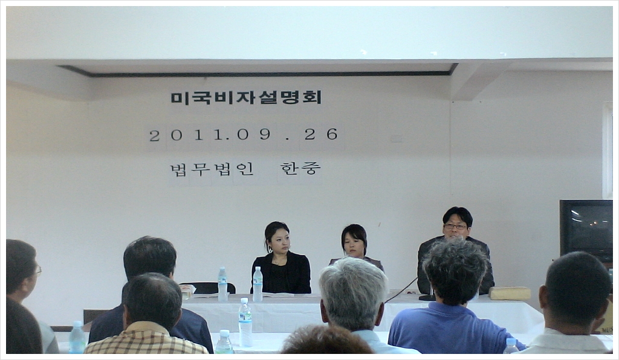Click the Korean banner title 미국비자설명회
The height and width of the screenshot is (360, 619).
click(247, 97)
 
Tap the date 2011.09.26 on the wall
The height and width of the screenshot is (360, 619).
click(244, 135)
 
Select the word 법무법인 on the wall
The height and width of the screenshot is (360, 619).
click(212, 169)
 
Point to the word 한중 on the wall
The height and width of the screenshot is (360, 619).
click(300, 169)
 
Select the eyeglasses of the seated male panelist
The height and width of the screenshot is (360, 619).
click(455, 227)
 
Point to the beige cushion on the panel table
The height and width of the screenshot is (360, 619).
click(510, 293)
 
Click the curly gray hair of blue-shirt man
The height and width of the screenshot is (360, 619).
click(455, 271)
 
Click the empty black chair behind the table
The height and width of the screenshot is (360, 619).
click(208, 288)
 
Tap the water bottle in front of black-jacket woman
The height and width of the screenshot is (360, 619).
click(258, 284)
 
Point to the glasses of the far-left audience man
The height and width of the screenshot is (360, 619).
click(38, 271)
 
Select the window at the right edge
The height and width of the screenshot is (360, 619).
click(607, 150)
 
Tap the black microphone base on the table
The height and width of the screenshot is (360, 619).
click(427, 298)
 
